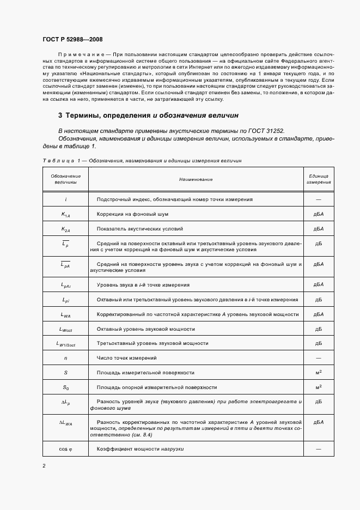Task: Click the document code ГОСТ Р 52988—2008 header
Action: pyautogui.click(x=72, y=39)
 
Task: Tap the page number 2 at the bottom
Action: pyautogui.click(x=44, y=466)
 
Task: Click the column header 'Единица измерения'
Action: pyautogui.click(x=319, y=179)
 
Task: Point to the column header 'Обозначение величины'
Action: pyautogui.click(x=65, y=179)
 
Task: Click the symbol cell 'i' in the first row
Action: pyautogui.click(x=65, y=199)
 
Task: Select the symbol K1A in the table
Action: pyautogui.click(x=65, y=215)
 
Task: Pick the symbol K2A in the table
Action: pyautogui.click(x=65, y=229)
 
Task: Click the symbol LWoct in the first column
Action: pyautogui.click(x=65, y=329)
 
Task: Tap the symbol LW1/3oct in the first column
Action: pyautogui.click(x=65, y=344)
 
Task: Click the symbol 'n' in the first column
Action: pyautogui.click(x=65, y=358)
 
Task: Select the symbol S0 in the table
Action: pyautogui.click(x=65, y=387)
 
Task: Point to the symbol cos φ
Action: pyautogui.click(x=65, y=449)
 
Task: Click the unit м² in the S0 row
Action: pyautogui.click(x=319, y=387)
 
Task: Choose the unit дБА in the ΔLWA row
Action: pyautogui.click(x=319, y=422)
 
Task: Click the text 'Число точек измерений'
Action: pyautogui.click(x=126, y=358)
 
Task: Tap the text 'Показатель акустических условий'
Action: pyautogui.click(x=140, y=229)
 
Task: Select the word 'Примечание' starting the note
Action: pyautogui.click(x=80, y=57)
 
